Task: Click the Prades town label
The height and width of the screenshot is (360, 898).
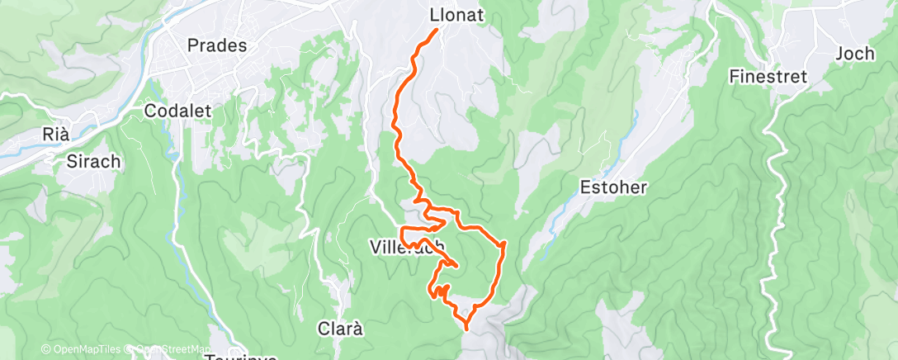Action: pyautogui.click(x=217, y=46)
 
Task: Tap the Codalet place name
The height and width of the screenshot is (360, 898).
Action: pyautogui.click(x=177, y=111)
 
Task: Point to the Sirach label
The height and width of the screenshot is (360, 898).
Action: pyautogui.click(x=92, y=162)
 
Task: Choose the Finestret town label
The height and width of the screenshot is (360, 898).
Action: pyautogui.click(x=767, y=77)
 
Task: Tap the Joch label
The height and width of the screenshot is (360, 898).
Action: pyautogui.click(x=854, y=54)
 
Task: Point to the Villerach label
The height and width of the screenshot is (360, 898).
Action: pyautogui.click(x=408, y=245)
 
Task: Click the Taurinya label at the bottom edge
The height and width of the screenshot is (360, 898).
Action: pyautogui.click(x=239, y=356)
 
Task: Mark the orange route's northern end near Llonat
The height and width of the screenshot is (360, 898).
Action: pyautogui.click(x=436, y=31)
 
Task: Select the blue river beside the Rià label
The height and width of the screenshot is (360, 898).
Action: pyautogui.click(x=33, y=149)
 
